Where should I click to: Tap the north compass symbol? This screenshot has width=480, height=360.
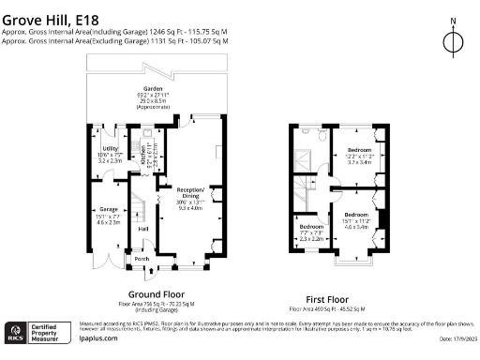453,40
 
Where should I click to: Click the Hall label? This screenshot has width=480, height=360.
143,229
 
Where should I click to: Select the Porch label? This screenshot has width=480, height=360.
142,259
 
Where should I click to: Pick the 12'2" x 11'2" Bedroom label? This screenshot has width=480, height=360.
360,150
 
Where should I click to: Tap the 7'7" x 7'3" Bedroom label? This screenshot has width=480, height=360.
311,228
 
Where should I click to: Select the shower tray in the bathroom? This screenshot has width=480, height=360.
303,157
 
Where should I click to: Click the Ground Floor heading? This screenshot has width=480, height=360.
150,293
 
